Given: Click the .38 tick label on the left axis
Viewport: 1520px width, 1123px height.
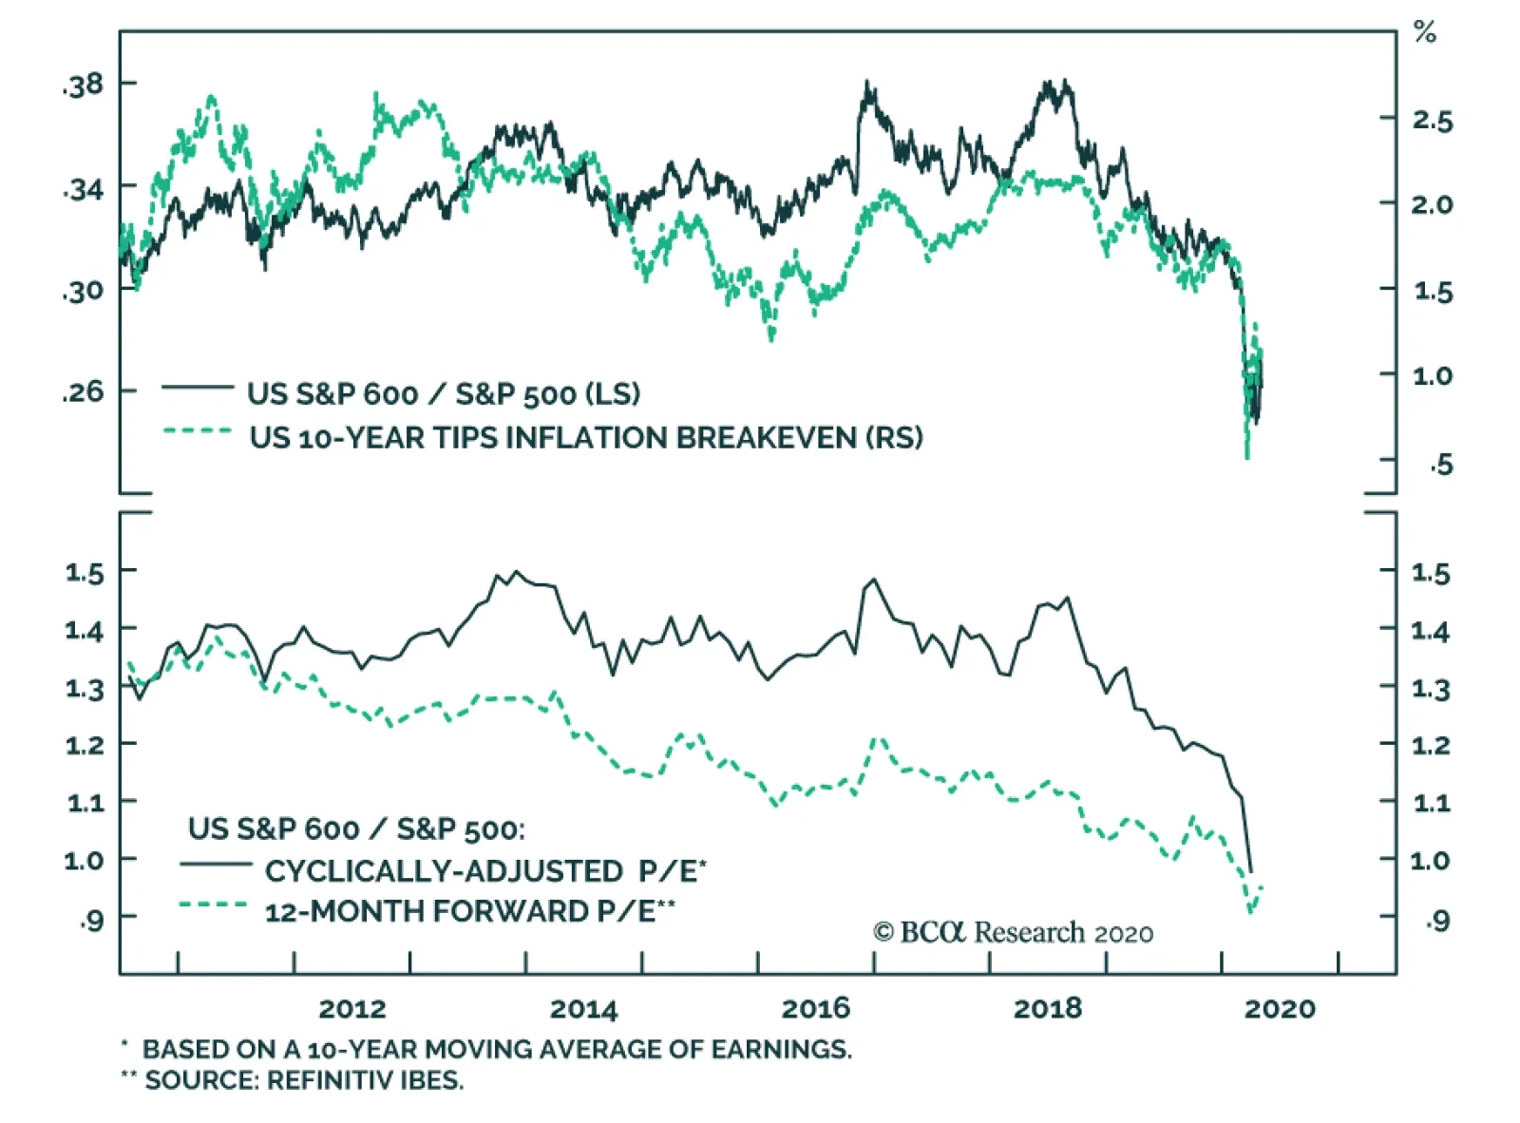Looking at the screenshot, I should (83, 86).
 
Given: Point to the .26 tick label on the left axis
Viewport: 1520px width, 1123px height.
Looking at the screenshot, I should (83, 390).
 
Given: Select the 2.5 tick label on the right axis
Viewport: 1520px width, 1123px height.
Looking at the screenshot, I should (1432, 121).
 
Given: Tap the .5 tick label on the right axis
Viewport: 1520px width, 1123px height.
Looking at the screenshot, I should (1441, 464).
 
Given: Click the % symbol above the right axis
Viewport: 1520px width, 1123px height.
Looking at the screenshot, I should (1424, 33).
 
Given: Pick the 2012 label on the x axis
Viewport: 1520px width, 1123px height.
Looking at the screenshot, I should (352, 1008).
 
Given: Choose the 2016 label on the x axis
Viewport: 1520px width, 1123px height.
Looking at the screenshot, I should (816, 1008).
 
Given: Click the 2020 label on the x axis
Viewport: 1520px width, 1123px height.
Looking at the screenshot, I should (1280, 1008).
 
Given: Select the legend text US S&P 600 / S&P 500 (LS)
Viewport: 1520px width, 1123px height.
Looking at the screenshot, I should (444, 393).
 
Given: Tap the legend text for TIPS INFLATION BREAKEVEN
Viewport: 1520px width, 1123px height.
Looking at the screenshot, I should (586, 437).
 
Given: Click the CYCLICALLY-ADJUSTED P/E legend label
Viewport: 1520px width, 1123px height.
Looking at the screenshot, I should (485, 870).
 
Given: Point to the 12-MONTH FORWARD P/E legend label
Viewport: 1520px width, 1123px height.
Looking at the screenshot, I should (469, 911).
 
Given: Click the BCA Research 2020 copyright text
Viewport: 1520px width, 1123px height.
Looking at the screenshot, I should (1013, 932).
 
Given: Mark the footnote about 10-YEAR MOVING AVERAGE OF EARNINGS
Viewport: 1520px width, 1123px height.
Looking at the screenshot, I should (496, 1049).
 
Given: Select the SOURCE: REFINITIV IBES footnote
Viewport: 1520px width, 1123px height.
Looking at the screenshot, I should (303, 1080).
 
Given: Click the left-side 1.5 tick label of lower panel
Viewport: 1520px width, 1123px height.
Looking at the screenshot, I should (85, 572).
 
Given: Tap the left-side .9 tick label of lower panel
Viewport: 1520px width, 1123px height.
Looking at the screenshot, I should (91, 919).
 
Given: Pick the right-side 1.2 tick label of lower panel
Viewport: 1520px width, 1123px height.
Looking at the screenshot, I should (1431, 745).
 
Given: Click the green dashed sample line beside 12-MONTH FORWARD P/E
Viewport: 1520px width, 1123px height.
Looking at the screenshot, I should (214, 904).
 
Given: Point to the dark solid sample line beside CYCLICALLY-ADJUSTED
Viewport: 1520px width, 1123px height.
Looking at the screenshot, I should (216, 864).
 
